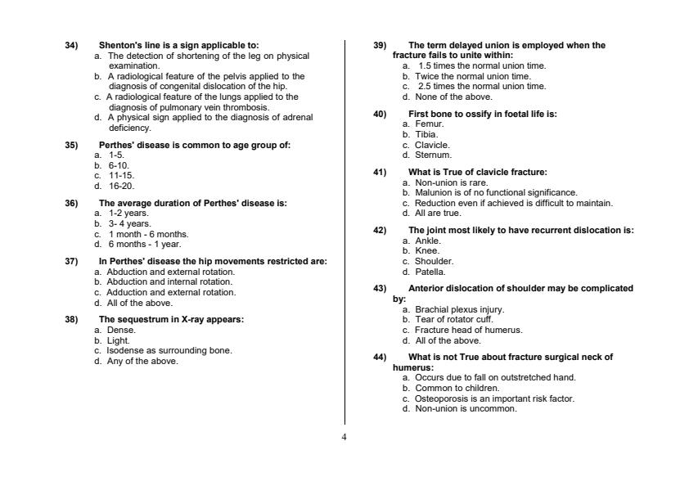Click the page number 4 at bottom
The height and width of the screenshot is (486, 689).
[344, 437]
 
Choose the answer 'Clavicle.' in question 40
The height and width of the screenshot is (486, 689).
[433, 145]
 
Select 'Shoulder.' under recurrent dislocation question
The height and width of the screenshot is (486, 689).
[435, 262]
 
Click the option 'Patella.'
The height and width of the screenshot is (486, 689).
[430, 272]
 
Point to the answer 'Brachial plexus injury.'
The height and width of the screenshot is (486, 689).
[460, 310]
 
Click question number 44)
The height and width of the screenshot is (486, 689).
[380, 358]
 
